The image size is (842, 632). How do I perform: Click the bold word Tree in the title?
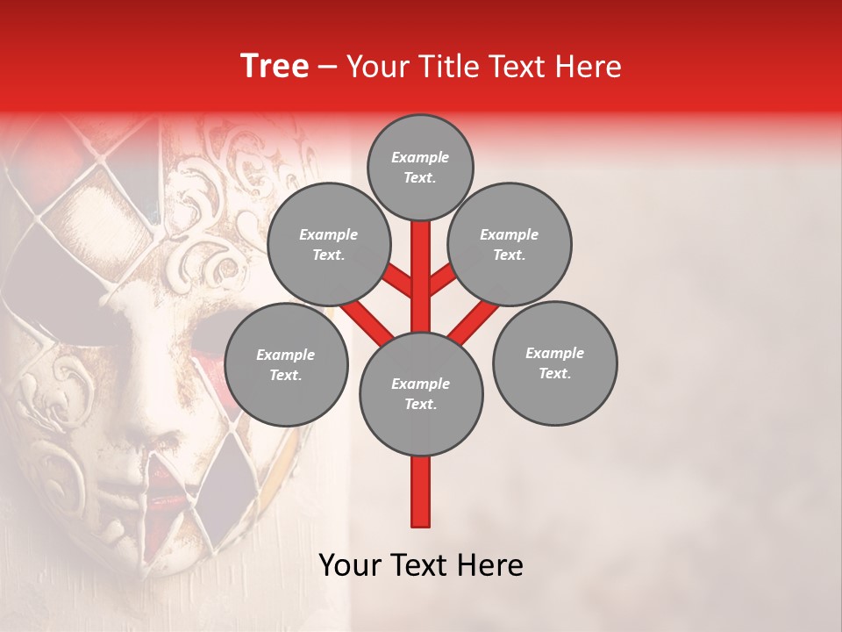pyautogui.click(x=275, y=66)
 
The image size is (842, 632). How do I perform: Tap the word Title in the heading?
pyautogui.click(x=444, y=66)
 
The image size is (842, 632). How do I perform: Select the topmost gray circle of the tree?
pyautogui.click(x=420, y=167)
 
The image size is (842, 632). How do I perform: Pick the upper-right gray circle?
pyautogui.click(x=510, y=245)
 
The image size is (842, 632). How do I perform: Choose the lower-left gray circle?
pyautogui.click(x=286, y=365)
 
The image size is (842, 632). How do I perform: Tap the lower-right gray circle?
pyautogui.click(x=554, y=363)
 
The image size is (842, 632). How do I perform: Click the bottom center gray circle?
pyautogui.click(x=421, y=394)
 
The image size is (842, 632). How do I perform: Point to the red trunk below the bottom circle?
pyautogui.click(x=421, y=492)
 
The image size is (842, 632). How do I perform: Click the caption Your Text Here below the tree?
pyautogui.click(x=421, y=565)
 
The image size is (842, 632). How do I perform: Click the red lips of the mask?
pyautogui.click(x=167, y=492)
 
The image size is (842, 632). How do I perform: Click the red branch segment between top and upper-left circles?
pyautogui.click(x=396, y=282)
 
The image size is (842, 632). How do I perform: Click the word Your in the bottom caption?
pyautogui.click(x=351, y=565)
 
